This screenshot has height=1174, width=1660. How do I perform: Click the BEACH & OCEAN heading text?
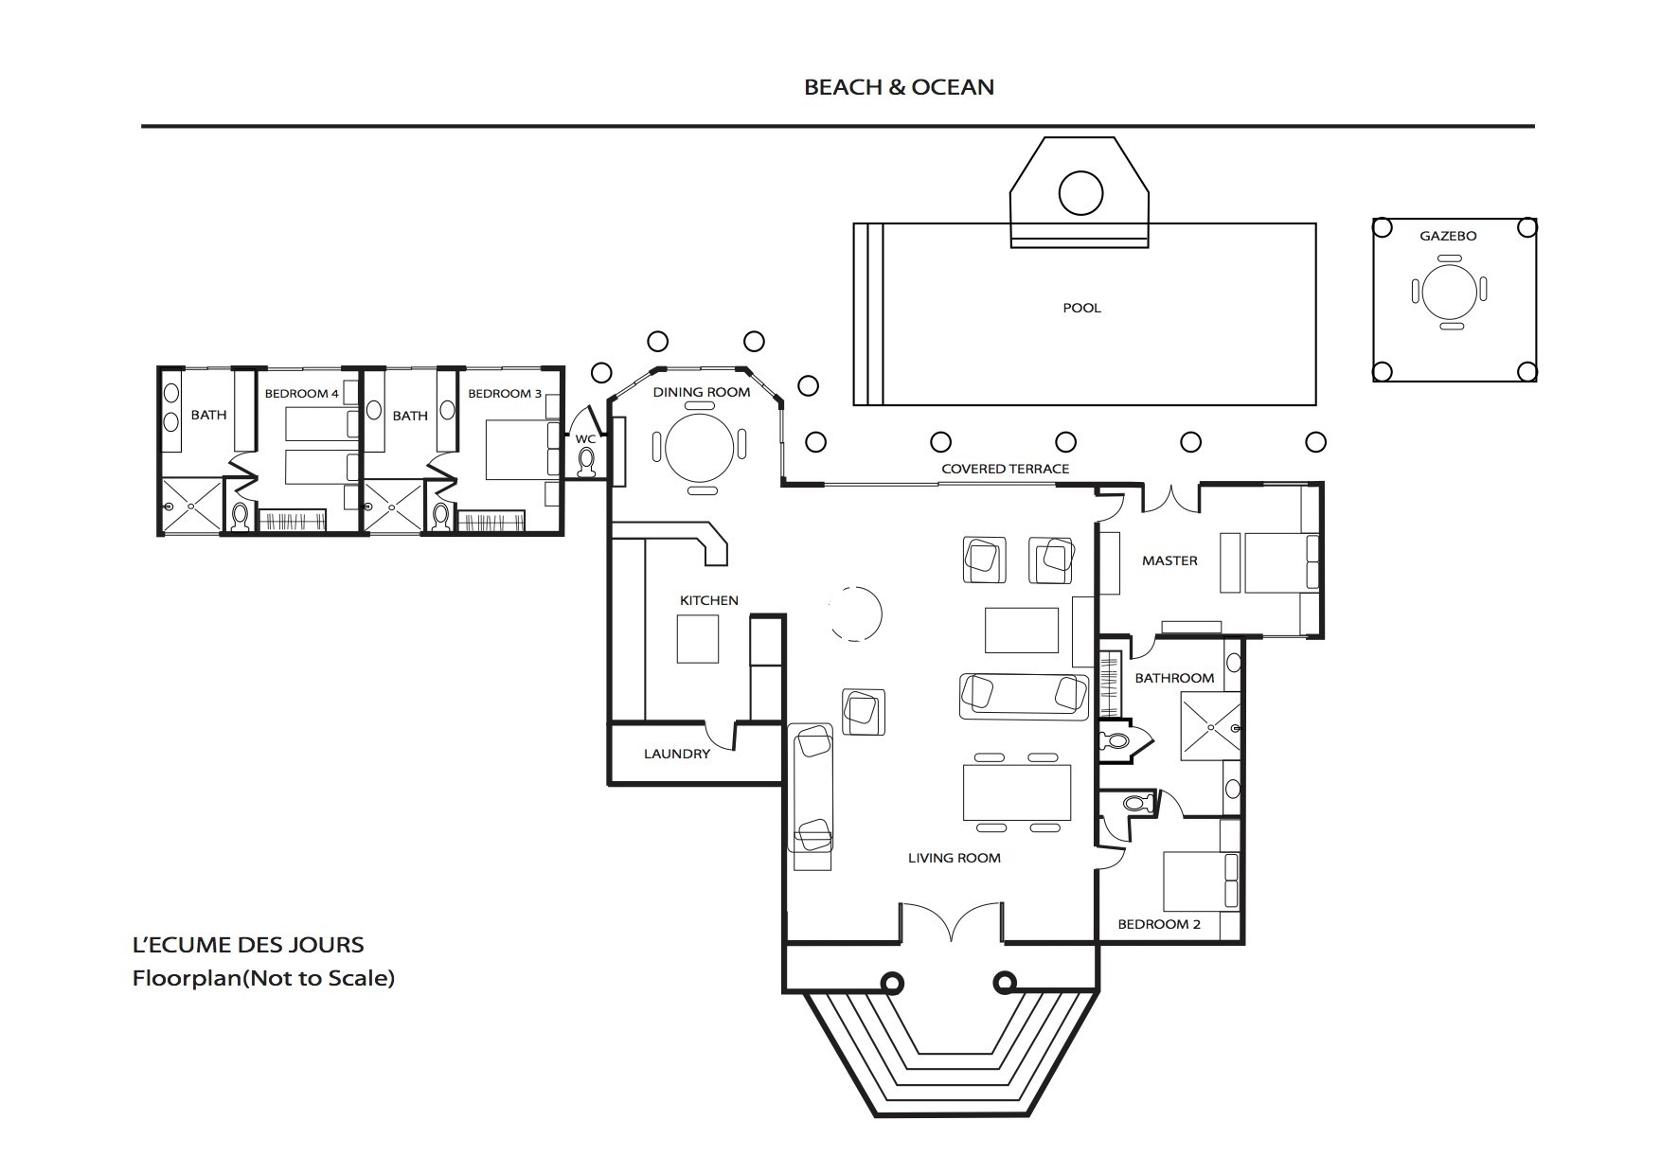pos(899,87)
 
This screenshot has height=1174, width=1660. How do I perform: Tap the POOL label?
pos(1081,308)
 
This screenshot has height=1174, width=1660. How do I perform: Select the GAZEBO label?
pos(1448,236)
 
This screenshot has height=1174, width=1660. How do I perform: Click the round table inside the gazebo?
pos(1449,291)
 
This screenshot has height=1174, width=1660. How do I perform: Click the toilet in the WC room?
pos(586,461)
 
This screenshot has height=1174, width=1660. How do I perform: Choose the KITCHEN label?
pos(709,600)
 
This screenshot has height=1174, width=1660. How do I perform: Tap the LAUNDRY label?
pos(677,754)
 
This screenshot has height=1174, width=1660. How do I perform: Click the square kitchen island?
pos(697,639)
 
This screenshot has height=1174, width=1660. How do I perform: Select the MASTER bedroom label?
pos(1169,560)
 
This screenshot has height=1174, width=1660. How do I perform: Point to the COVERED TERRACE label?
pos(1005,469)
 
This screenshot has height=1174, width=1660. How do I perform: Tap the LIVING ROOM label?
pos(955,858)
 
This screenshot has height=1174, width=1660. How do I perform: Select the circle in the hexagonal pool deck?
pos(1080,193)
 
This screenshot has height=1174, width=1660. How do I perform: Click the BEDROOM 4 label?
pos(301,393)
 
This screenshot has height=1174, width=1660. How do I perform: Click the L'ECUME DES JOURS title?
pos(248,945)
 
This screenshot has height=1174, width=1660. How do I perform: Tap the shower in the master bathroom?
pos(1210,726)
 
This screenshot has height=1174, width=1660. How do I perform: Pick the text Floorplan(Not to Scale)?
pos(263,978)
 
